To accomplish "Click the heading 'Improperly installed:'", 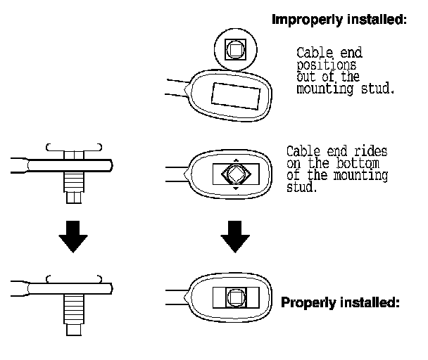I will pos(339,20).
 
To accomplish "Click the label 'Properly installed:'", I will pos(340,304).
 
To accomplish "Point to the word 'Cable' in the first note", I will pos(310,53).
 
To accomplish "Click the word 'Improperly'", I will pos(307,20).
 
